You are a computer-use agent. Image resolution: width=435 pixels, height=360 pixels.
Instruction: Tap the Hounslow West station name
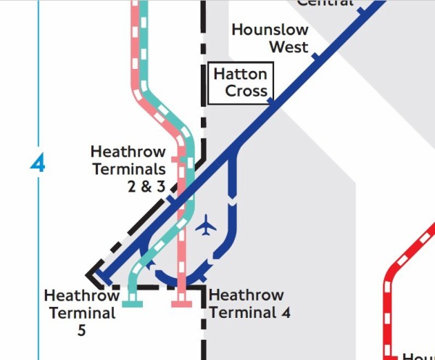270,38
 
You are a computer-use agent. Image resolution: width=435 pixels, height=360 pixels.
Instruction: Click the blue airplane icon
207,226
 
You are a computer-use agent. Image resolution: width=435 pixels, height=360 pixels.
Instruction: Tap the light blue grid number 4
38,164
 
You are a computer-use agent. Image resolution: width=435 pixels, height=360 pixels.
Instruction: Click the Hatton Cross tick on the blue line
272,102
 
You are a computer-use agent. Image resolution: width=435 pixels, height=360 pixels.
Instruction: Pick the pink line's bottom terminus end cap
181,303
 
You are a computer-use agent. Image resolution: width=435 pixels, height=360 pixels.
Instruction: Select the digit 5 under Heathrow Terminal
81,331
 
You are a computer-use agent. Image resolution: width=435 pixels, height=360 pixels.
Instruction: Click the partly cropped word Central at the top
326,3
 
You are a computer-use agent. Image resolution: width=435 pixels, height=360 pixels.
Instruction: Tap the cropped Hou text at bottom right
418,356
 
